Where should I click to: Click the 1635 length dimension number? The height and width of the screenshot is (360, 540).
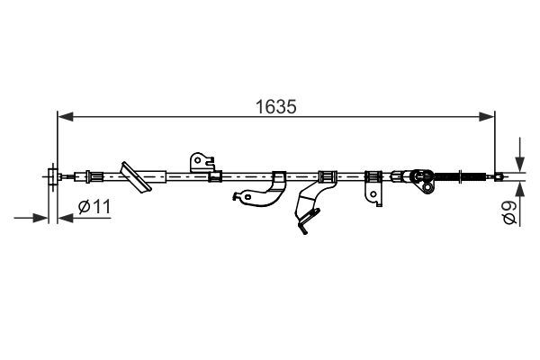point(276,107)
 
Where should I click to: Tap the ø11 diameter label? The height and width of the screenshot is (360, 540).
point(94,207)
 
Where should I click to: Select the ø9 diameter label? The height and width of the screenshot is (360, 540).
point(509,213)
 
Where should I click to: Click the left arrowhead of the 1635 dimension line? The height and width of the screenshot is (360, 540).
point(66,116)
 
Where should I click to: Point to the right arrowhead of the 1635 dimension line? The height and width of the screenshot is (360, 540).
point(487,116)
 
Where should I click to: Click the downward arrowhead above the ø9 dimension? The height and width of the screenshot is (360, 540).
point(519,165)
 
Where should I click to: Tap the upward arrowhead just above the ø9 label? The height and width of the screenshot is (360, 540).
point(519,189)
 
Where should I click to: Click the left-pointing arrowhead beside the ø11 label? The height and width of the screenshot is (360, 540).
point(66,218)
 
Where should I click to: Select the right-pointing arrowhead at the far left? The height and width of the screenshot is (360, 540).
point(40,218)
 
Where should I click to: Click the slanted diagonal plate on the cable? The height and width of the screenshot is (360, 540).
point(135,176)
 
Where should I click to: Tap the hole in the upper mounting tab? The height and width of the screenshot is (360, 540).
point(198,160)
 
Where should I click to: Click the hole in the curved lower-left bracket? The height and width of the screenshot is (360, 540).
point(247,197)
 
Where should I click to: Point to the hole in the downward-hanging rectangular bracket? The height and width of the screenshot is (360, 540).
point(373,194)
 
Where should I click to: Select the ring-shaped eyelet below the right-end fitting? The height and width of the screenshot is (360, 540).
point(427,187)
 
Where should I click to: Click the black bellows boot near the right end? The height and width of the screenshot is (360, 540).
point(447,176)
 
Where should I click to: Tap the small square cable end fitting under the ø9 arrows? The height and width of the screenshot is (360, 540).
point(499,176)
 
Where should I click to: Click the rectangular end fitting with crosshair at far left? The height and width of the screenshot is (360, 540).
point(52,176)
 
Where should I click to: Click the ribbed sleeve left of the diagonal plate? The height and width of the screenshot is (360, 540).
point(96,176)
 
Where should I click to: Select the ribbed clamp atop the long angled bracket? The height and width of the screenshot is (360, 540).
point(328,176)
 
